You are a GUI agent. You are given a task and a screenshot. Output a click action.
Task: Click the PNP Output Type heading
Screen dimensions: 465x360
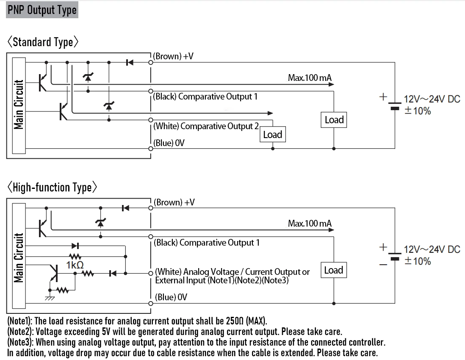(x=42, y=10)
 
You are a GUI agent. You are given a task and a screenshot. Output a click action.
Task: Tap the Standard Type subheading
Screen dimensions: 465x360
(x=43, y=42)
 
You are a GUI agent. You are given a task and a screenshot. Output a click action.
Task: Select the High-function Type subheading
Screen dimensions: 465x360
(x=52, y=188)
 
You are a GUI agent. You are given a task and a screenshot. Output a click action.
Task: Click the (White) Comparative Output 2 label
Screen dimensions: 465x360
(x=206, y=126)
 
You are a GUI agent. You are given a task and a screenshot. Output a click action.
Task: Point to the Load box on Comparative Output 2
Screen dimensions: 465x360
(x=273, y=135)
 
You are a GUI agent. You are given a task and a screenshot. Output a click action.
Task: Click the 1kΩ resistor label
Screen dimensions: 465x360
(x=75, y=265)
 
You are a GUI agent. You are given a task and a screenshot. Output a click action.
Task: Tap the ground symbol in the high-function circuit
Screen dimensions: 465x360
(x=50, y=297)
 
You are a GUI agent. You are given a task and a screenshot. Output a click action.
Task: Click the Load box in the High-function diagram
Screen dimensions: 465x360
(x=334, y=270)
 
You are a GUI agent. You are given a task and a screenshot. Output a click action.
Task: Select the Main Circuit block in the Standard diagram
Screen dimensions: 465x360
(x=19, y=105)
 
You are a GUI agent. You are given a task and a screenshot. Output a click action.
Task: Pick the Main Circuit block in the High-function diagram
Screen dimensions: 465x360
(x=19, y=256)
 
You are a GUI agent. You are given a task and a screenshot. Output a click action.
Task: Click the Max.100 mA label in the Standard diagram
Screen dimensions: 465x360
(x=310, y=78)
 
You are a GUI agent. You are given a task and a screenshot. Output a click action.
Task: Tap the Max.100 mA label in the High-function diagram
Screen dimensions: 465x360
(x=310, y=223)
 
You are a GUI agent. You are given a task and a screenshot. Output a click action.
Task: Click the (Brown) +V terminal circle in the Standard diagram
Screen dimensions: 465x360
(x=151, y=63)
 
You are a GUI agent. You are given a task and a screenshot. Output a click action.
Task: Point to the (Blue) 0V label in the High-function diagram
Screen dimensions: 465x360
(x=171, y=297)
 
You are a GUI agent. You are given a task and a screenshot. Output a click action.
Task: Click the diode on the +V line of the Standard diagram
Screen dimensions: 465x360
(x=130, y=63)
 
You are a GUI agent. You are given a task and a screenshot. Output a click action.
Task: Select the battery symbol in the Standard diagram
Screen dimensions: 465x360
(x=395, y=105)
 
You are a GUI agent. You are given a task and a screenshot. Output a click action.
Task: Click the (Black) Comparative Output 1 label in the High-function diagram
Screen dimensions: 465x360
(x=207, y=243)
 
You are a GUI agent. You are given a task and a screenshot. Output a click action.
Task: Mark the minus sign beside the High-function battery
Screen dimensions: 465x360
(x=383, y=265)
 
